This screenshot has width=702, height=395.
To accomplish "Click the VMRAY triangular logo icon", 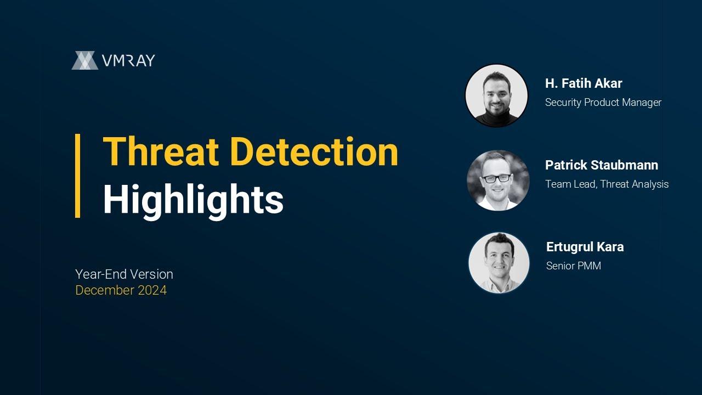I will click(84, 60).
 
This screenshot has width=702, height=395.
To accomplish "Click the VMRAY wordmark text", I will click(128, 60).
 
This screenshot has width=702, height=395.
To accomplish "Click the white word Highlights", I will click(193, 200).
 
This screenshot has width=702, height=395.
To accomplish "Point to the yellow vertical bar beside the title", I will click(78, 176).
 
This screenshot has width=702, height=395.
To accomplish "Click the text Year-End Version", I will click(124, 274).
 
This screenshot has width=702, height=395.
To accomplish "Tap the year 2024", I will click(152, 290).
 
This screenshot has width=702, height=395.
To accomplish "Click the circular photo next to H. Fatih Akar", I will click(496, 96).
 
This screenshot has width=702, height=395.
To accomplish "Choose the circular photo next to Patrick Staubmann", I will click(497, 180).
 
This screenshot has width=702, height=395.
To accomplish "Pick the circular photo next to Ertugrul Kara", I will click(499, 262).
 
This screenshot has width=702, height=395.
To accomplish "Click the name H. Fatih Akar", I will click(584, 83).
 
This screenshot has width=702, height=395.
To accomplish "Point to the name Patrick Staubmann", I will click(602, 165).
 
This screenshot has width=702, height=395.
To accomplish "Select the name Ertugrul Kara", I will click(585, 247).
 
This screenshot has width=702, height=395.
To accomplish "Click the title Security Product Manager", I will click(603, 102).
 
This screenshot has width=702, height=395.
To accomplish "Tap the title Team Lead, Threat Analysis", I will click(607, 184).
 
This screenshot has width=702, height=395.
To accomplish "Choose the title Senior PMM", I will click(573, 266).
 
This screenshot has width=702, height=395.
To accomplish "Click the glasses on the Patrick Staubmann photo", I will click(497, 178).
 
